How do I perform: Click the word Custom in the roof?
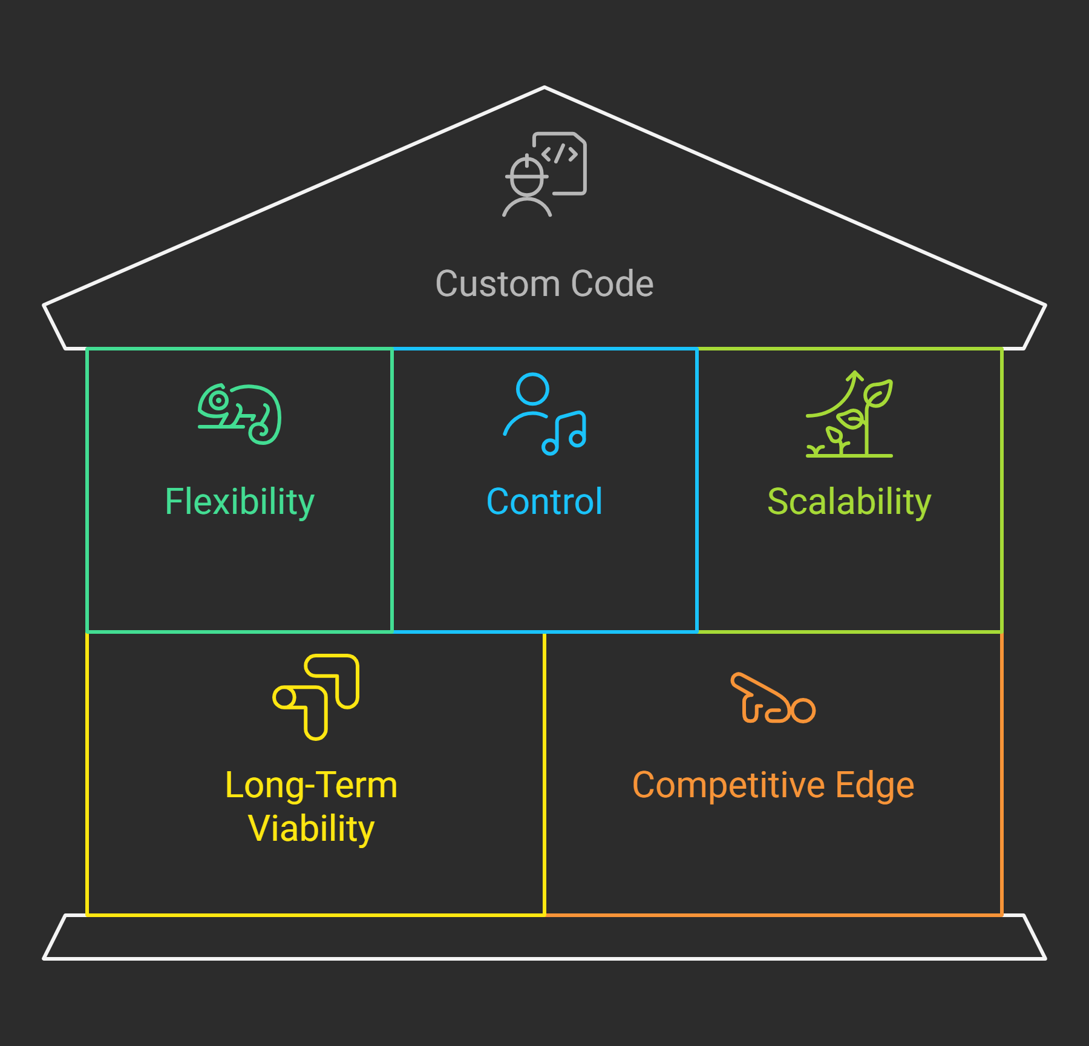(x=497, y=283)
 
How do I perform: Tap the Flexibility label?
(x=240, y=502)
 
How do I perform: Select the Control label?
(x=544, y=502)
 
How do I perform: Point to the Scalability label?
(x=849, y=502)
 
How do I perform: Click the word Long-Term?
(x=311, y=785)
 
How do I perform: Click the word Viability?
(x=311, y=828)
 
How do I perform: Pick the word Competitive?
(x=728, y=785)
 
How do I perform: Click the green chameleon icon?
(x=240, y=414)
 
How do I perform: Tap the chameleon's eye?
(x=218, y=400)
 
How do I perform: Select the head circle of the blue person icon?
(x=532, y=389)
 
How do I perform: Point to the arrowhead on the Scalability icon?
(x=855, y=375)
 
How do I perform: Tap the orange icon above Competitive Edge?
(x=773, y=699)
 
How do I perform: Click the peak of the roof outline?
(x=544, y=88)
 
